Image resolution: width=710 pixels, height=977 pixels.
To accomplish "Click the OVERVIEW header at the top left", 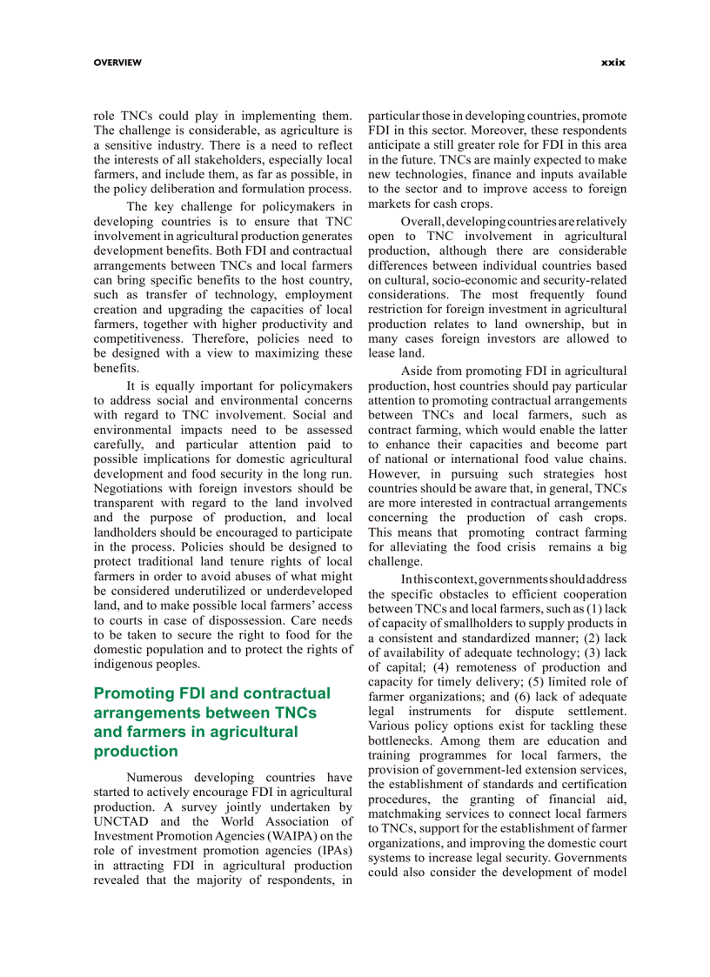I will point(117,63).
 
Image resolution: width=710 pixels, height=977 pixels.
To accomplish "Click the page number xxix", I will point(613,63).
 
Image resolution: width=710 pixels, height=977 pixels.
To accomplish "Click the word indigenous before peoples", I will point(127,665).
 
